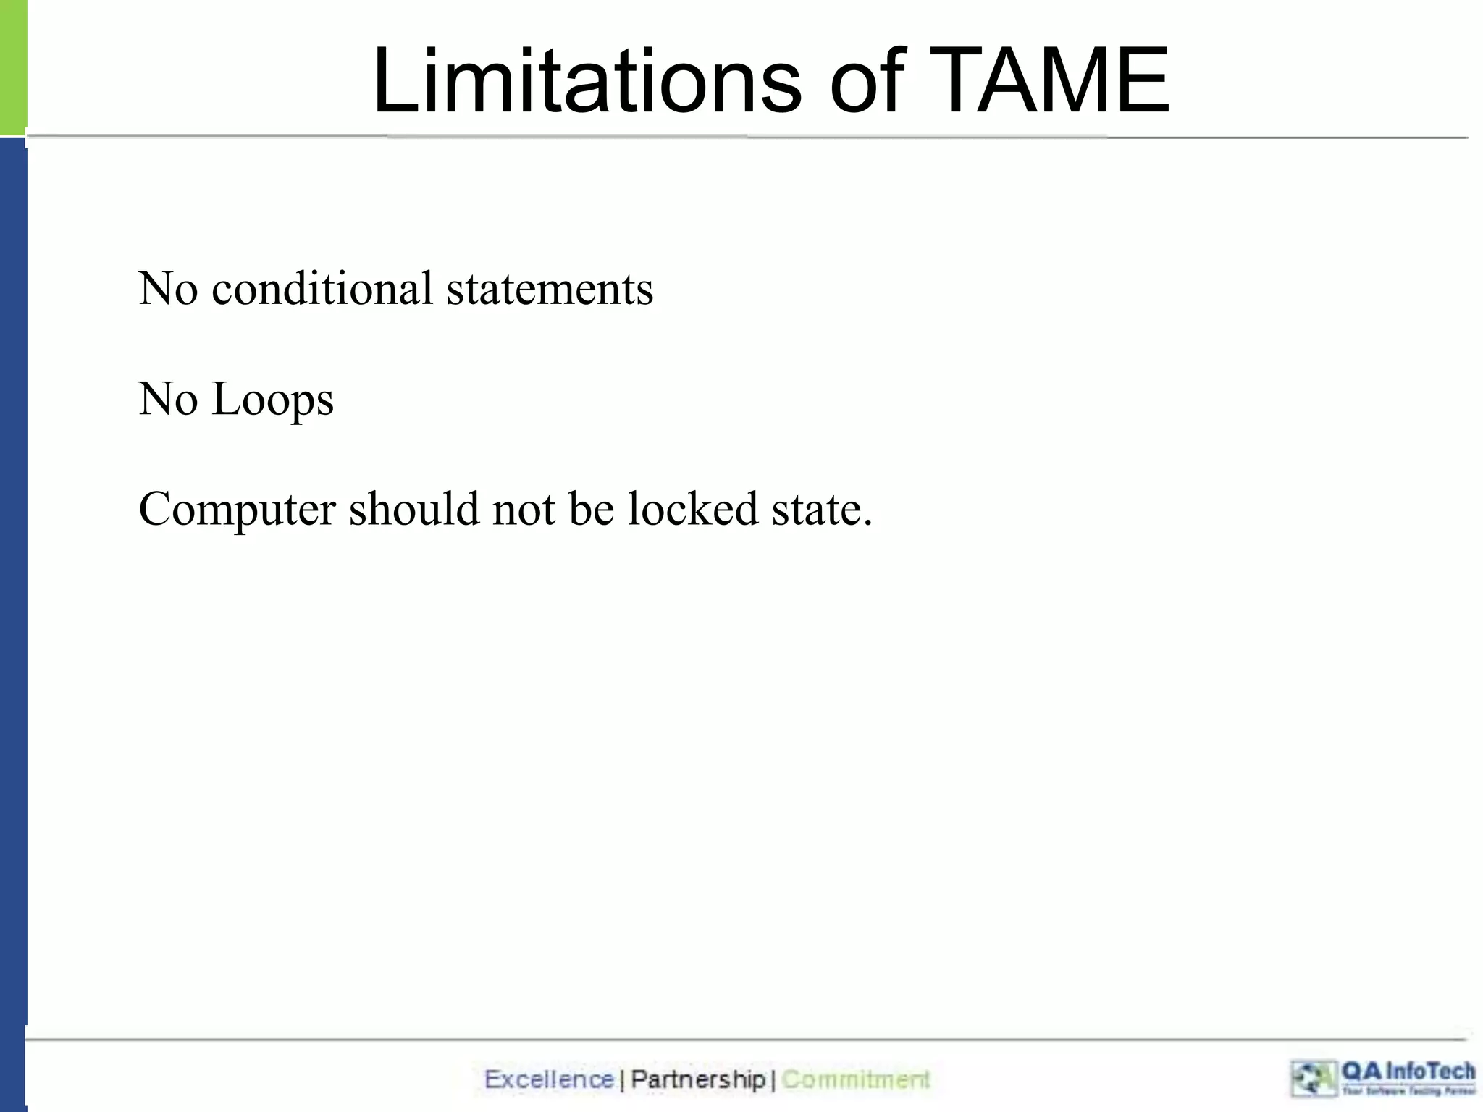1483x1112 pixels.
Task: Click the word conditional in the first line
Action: [x=322, y=288]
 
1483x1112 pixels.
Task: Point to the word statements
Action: [x=550, y=288]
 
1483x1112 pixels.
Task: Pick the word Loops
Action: [x=272, y=400]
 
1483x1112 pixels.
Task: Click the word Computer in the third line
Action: [x=237, y=509]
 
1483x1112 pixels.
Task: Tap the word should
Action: [x=413, y=509]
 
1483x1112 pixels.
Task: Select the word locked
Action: [x=692, y=509]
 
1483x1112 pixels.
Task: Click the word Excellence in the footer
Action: [x=549, y=1079]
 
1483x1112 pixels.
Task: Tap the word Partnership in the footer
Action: [x=698, y=1079]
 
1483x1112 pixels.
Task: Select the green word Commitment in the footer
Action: [x=856, y=1079]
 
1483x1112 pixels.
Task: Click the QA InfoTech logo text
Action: [x=1407, y=1071]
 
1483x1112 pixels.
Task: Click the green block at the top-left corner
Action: [x=12, y=67]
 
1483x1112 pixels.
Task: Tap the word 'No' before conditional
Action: [x=168, y=288]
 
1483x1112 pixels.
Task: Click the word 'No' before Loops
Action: [x=168, y=400]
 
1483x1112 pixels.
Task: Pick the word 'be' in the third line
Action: [x=592, y=509]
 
